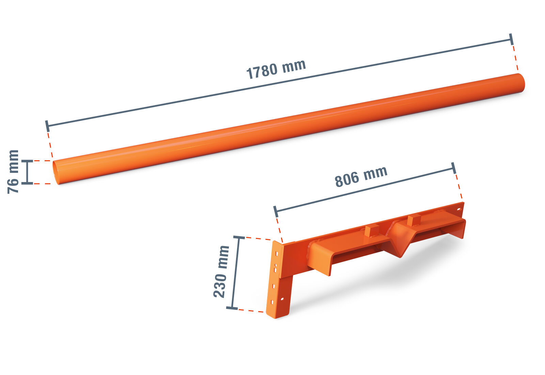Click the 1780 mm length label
(x=276, y=70)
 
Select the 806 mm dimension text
(x=361, y=177)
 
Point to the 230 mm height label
(x=221, y=271)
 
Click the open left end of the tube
(x=56, y=172)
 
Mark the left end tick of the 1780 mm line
(x=47, y=126)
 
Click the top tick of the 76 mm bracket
(x=27, y=161)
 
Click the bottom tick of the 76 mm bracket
(x=27, y=183)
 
